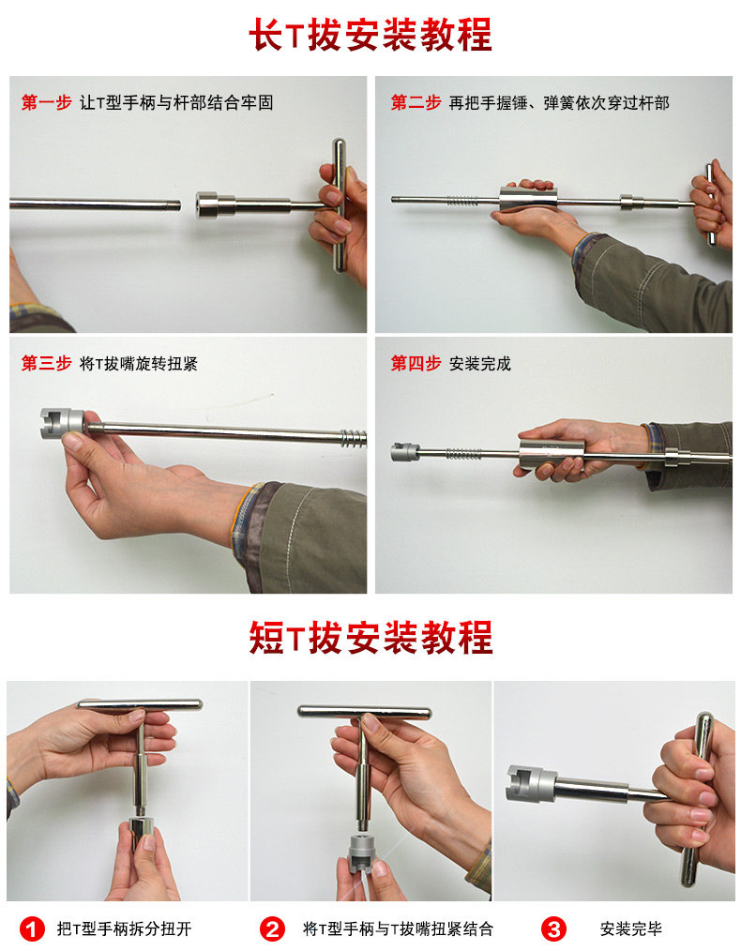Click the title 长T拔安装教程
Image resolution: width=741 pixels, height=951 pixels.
(x=370, y=35)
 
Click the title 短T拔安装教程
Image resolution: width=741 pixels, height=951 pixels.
(x=370, y=638)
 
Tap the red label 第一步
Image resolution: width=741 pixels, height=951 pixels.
(x=46, y=102)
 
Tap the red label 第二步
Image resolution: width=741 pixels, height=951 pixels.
(x=416, y=102)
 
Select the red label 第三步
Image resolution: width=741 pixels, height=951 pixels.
(x=46, y=363)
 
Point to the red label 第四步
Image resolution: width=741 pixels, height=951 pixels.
(x=416, y=363)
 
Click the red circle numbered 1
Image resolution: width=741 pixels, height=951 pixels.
(x=32, y=929)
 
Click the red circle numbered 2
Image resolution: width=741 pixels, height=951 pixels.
(x=272, y=929)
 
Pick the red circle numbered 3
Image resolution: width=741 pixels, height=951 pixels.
(x=553, y=929)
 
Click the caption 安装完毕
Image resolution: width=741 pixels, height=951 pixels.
(x=630, y=928)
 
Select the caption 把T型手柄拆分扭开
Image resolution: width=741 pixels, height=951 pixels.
(x=125, y=928)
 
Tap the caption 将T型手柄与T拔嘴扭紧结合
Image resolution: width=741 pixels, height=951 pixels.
(x=398, y=928)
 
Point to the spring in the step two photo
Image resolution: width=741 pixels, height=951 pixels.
(x=463, y=200)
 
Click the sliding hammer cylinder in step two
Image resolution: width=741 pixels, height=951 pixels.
(x=528, y=200)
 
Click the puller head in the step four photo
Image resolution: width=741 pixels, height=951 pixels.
(x=405, y=452)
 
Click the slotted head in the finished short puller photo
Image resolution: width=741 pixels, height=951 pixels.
(x=531, y=784)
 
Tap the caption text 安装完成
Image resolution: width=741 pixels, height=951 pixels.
(x=480, y=363)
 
